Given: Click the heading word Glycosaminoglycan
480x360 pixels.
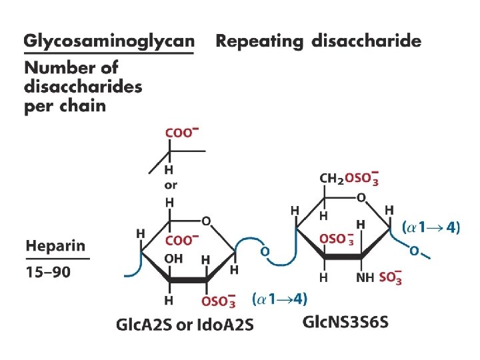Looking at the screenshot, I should pos(109,41).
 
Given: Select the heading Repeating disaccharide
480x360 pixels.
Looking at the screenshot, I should pos(319,41).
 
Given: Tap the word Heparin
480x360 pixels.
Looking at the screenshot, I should pos(56,246).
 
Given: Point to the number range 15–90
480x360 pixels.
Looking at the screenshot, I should pos(50,272).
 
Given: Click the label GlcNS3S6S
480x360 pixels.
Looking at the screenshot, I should pos(345,323).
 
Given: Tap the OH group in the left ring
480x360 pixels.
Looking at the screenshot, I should pos(173,259).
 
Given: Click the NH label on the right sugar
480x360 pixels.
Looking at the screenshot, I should pos(365,277).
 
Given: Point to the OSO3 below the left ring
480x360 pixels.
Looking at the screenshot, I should pos(219,301).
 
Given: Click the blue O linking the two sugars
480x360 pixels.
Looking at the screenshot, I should pos(265,252).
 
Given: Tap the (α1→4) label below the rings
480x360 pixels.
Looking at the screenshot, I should pos(280,297).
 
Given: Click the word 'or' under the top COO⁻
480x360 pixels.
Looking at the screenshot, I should pos(171,185).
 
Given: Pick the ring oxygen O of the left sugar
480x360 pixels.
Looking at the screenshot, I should pos(206,221).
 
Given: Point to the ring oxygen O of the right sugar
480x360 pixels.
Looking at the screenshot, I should pos(361,197).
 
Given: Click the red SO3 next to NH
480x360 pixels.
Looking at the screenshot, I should pos(390,277).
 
